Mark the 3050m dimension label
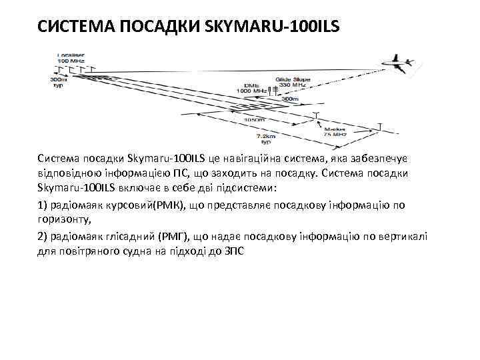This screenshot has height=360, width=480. coord(253,120)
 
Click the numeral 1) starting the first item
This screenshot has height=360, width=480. coord(43,205)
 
